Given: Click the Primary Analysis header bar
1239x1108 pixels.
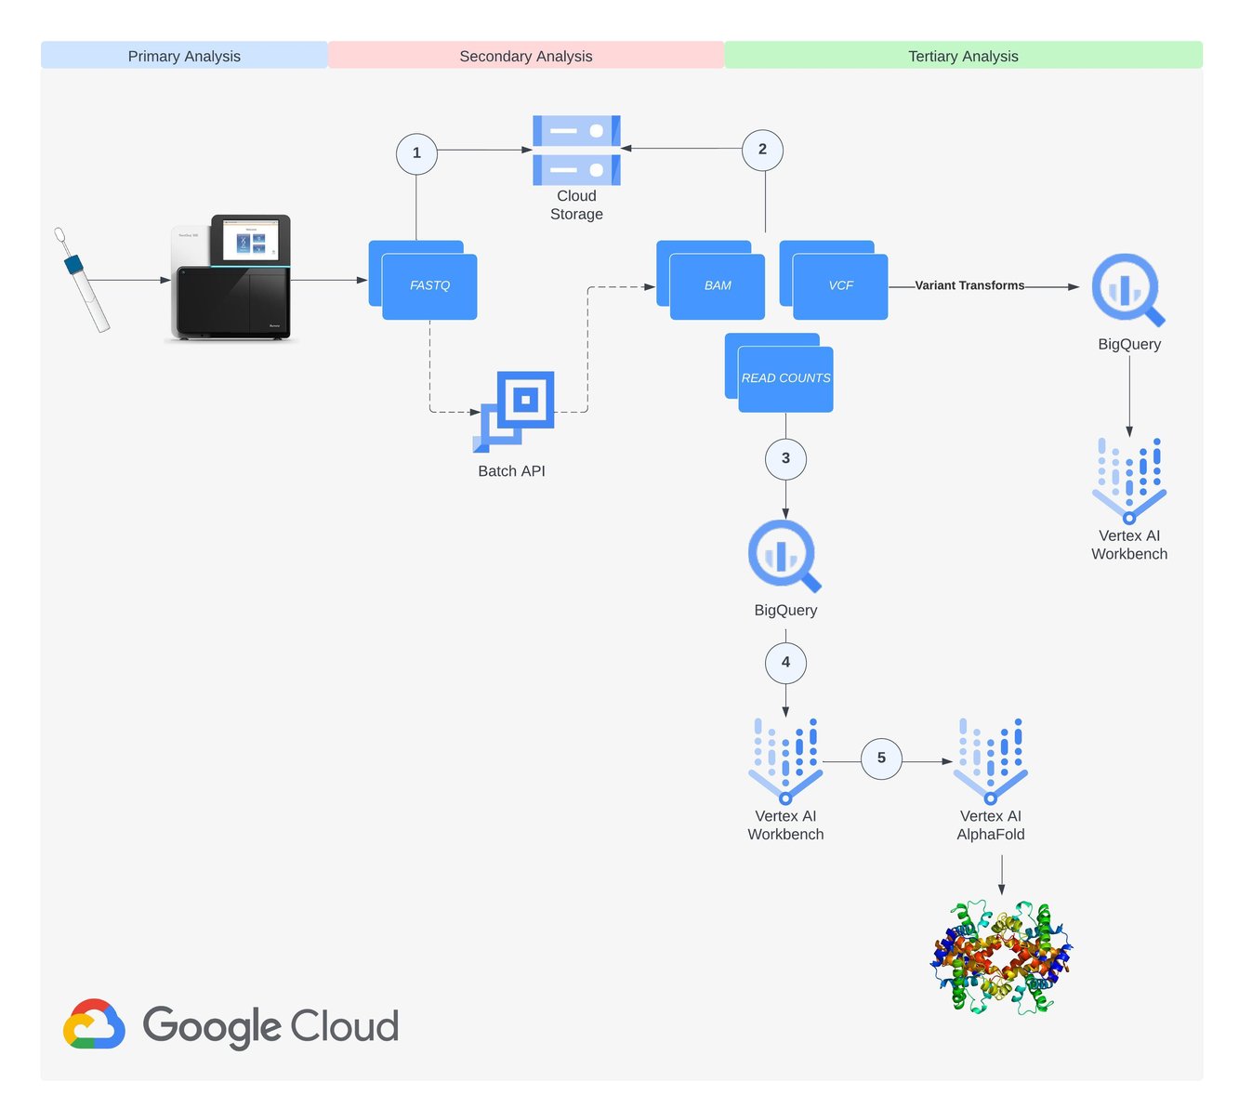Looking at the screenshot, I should point(184,56).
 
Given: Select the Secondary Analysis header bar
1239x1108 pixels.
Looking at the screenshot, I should point(526,56).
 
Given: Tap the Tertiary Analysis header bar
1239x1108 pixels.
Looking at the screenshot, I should point(963,56).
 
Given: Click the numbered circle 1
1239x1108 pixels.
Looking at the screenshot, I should point(416,153).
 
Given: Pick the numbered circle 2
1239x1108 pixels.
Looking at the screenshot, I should point(762,150).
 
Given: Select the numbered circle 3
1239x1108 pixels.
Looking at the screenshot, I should point(785,458).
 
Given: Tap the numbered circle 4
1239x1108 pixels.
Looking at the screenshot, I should point(785,663).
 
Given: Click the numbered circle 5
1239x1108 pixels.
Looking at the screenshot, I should point(881,758).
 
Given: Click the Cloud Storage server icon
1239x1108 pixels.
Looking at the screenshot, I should point(576,151).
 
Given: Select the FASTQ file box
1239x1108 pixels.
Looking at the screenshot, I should point(429,285).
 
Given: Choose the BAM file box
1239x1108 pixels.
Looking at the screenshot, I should point(718,285).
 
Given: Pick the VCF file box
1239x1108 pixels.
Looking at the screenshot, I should point(840,285).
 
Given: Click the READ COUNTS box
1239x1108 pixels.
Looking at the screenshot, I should point(785,378).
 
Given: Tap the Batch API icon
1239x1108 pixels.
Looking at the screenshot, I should point(515,410).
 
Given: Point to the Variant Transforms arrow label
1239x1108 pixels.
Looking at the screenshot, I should point(969,285).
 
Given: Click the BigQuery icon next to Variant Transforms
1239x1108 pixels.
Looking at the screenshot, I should point(1127,290).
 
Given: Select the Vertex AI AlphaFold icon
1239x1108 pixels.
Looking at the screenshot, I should point(991,760).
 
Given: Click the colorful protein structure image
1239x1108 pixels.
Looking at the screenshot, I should point(1001,957).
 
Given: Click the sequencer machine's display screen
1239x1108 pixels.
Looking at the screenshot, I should point(250,240).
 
